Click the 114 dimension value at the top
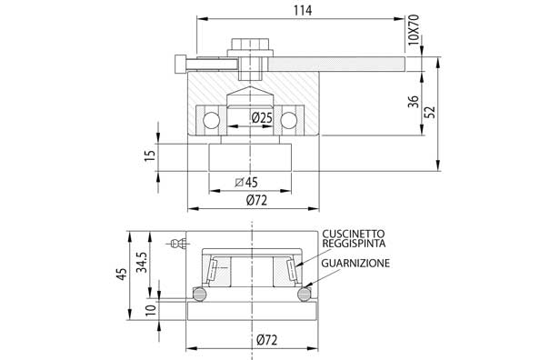304,11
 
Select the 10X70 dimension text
415,35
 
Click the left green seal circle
197,293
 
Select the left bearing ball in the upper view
211,120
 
